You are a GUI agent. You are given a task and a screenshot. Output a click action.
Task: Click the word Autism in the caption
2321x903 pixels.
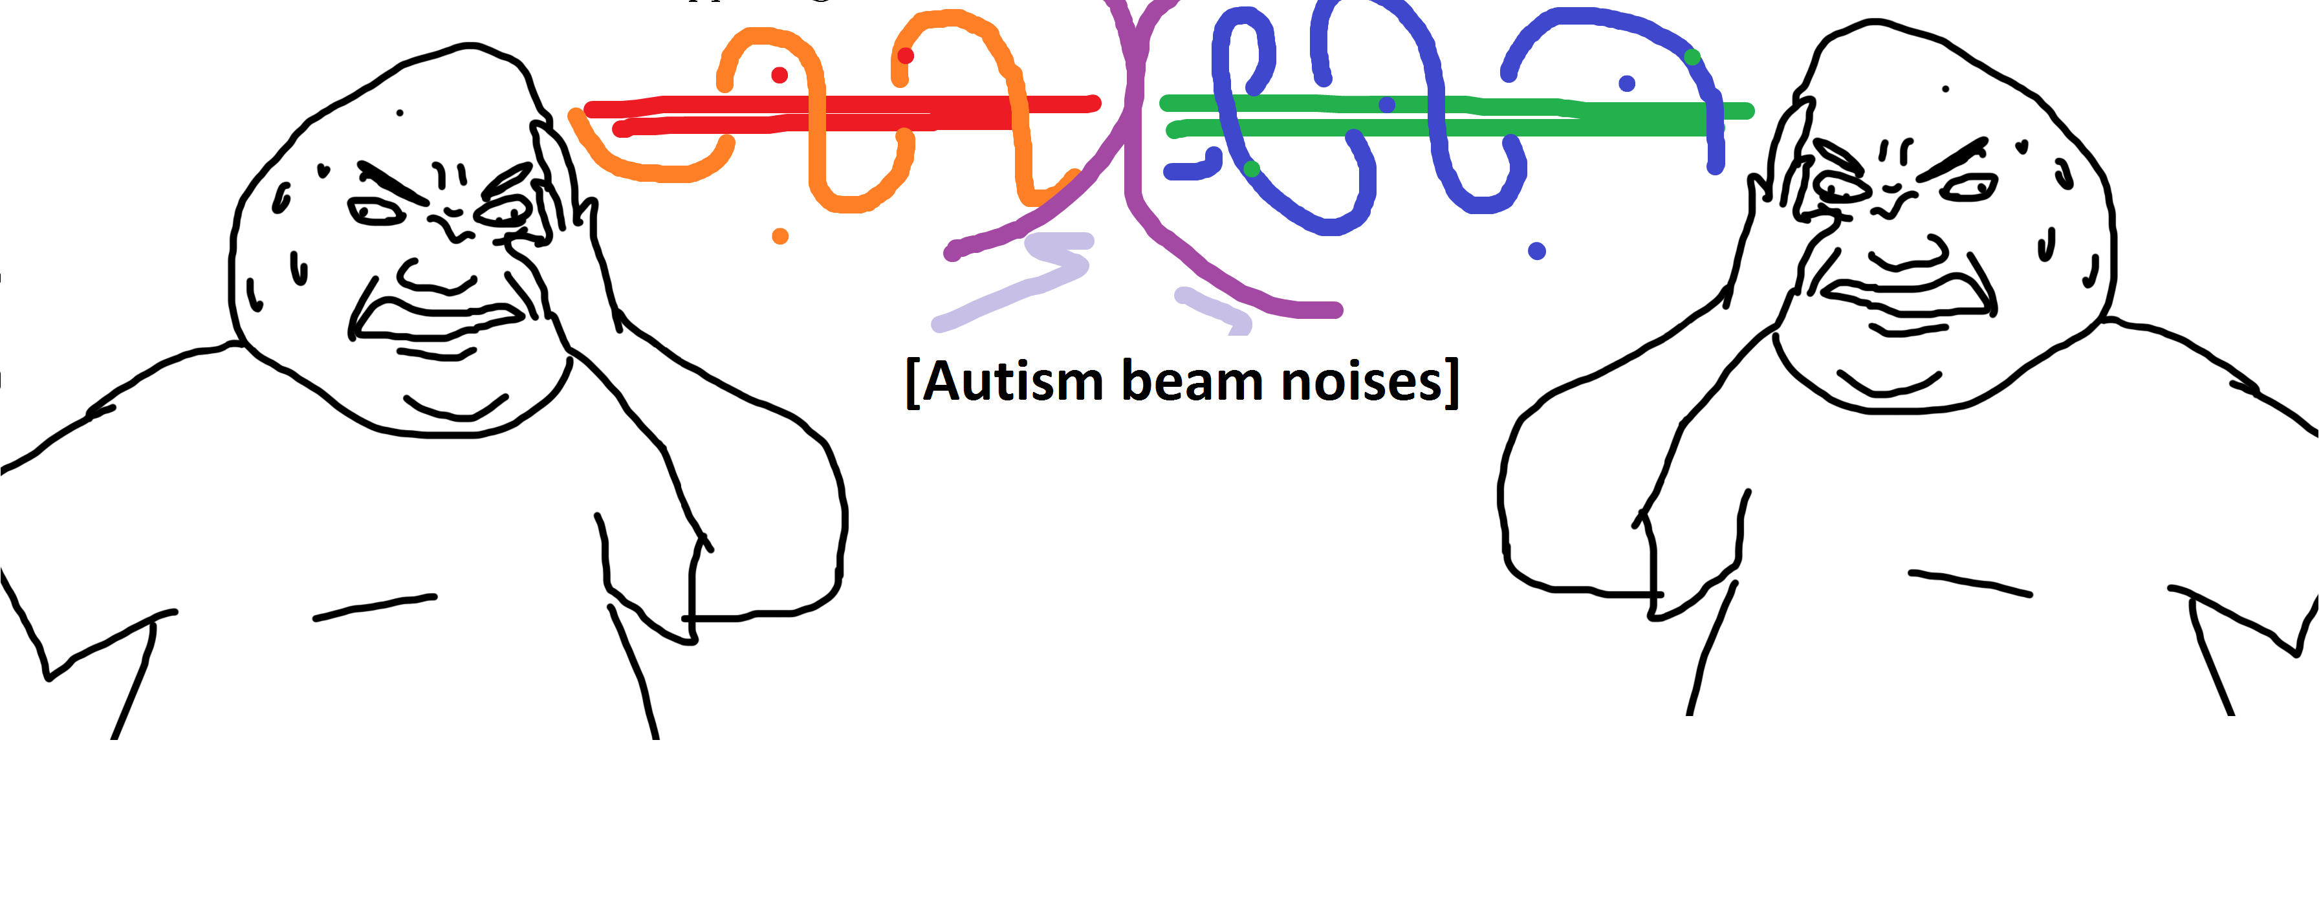point(1013,382)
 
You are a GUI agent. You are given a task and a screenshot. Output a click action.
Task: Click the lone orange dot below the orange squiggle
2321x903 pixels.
point(780,236)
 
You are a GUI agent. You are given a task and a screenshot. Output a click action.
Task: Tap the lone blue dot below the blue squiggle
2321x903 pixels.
point(1537,250)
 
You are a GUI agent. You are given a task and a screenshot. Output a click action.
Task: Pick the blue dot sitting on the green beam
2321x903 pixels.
point(1387,105)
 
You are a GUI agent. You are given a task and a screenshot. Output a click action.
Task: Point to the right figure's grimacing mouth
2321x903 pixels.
point(1910,293)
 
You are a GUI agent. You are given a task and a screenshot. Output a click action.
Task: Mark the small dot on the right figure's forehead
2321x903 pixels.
point(1945,89)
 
